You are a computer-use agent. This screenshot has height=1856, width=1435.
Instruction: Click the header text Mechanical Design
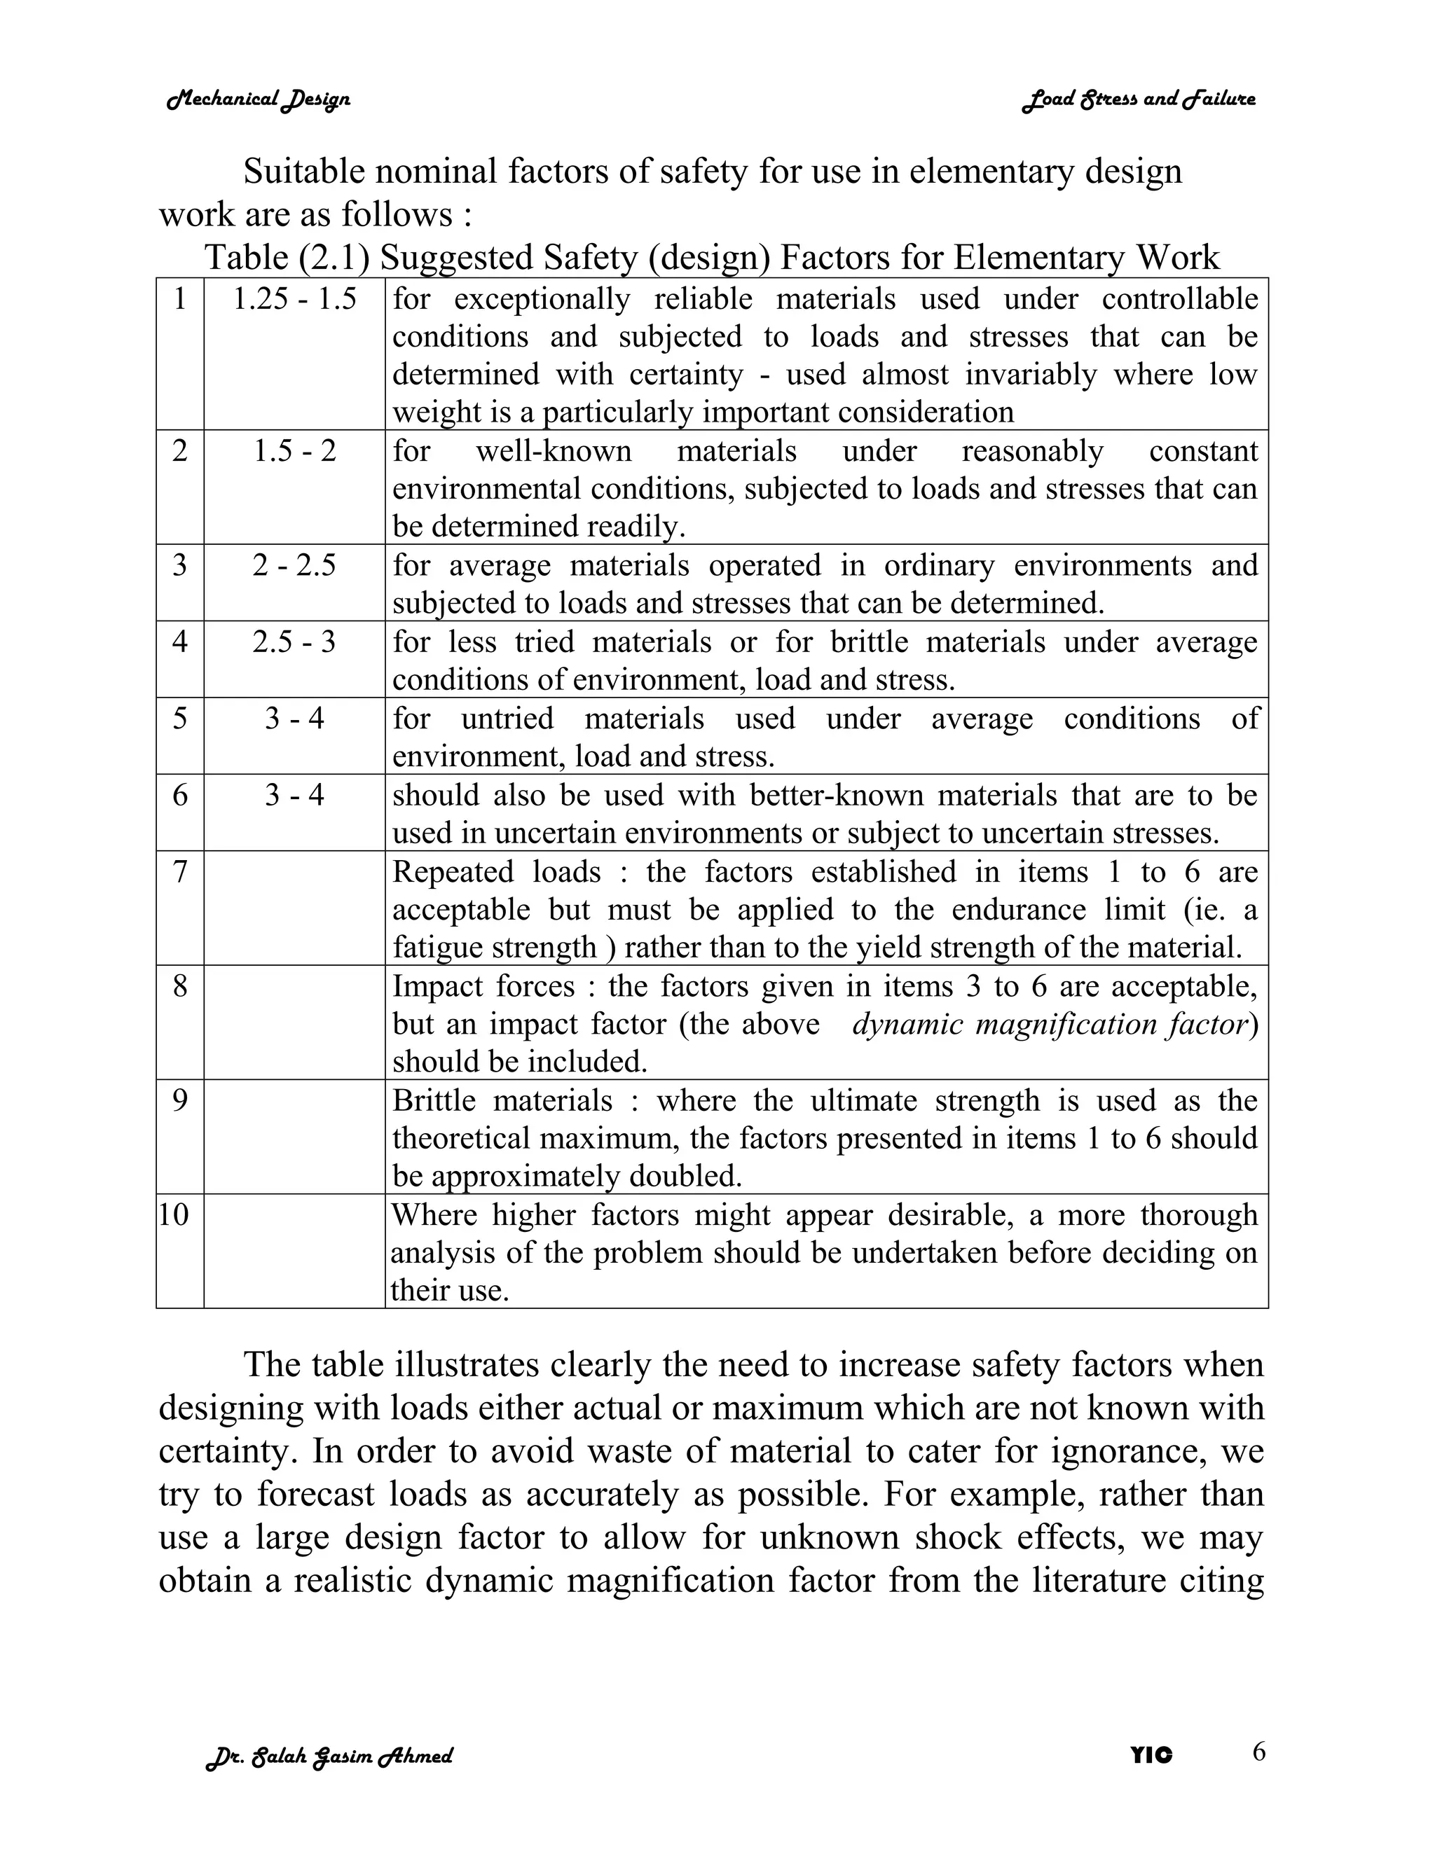click(259, 99)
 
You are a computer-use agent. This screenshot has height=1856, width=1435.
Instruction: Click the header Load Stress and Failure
click(1139, 99)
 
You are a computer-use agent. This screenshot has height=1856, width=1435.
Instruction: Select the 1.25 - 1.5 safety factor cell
click(294, 299)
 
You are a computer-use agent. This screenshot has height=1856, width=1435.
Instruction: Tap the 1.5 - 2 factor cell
click(294, 450)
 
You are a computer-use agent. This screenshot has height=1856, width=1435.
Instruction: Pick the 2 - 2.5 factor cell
click(294, 565)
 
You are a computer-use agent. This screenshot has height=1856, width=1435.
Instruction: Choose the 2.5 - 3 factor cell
click(294, 642)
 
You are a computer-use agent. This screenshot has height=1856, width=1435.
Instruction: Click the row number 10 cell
click(174, 1214)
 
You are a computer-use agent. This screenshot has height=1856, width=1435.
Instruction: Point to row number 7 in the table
click(180, 872)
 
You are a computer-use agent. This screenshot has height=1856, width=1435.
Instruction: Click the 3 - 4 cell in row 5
click(294, 719)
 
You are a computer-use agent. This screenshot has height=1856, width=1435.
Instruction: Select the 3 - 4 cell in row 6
click(294, 796)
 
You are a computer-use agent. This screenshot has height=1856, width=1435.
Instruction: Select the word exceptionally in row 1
click(542, 299)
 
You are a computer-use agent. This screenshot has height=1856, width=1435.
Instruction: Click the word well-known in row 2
click(554, 450)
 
